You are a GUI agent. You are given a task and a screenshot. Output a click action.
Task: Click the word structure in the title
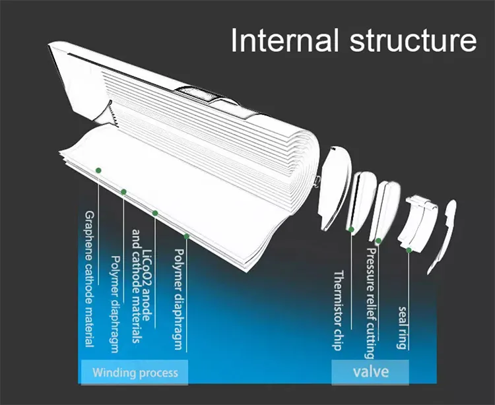click(x=405, y=40)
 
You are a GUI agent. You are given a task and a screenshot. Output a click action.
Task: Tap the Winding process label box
click(x=135, y=373)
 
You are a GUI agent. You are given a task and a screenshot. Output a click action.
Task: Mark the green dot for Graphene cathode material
click(x=98, y=170)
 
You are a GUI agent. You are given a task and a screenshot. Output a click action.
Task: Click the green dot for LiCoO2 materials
click(x=155, y=213)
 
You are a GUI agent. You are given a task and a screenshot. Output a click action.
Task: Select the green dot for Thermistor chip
click(x=352, y=230)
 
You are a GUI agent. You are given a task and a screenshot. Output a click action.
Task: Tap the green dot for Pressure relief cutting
click(x=379, y=241)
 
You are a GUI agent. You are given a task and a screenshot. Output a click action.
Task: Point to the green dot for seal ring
click(x=409, y=249)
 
